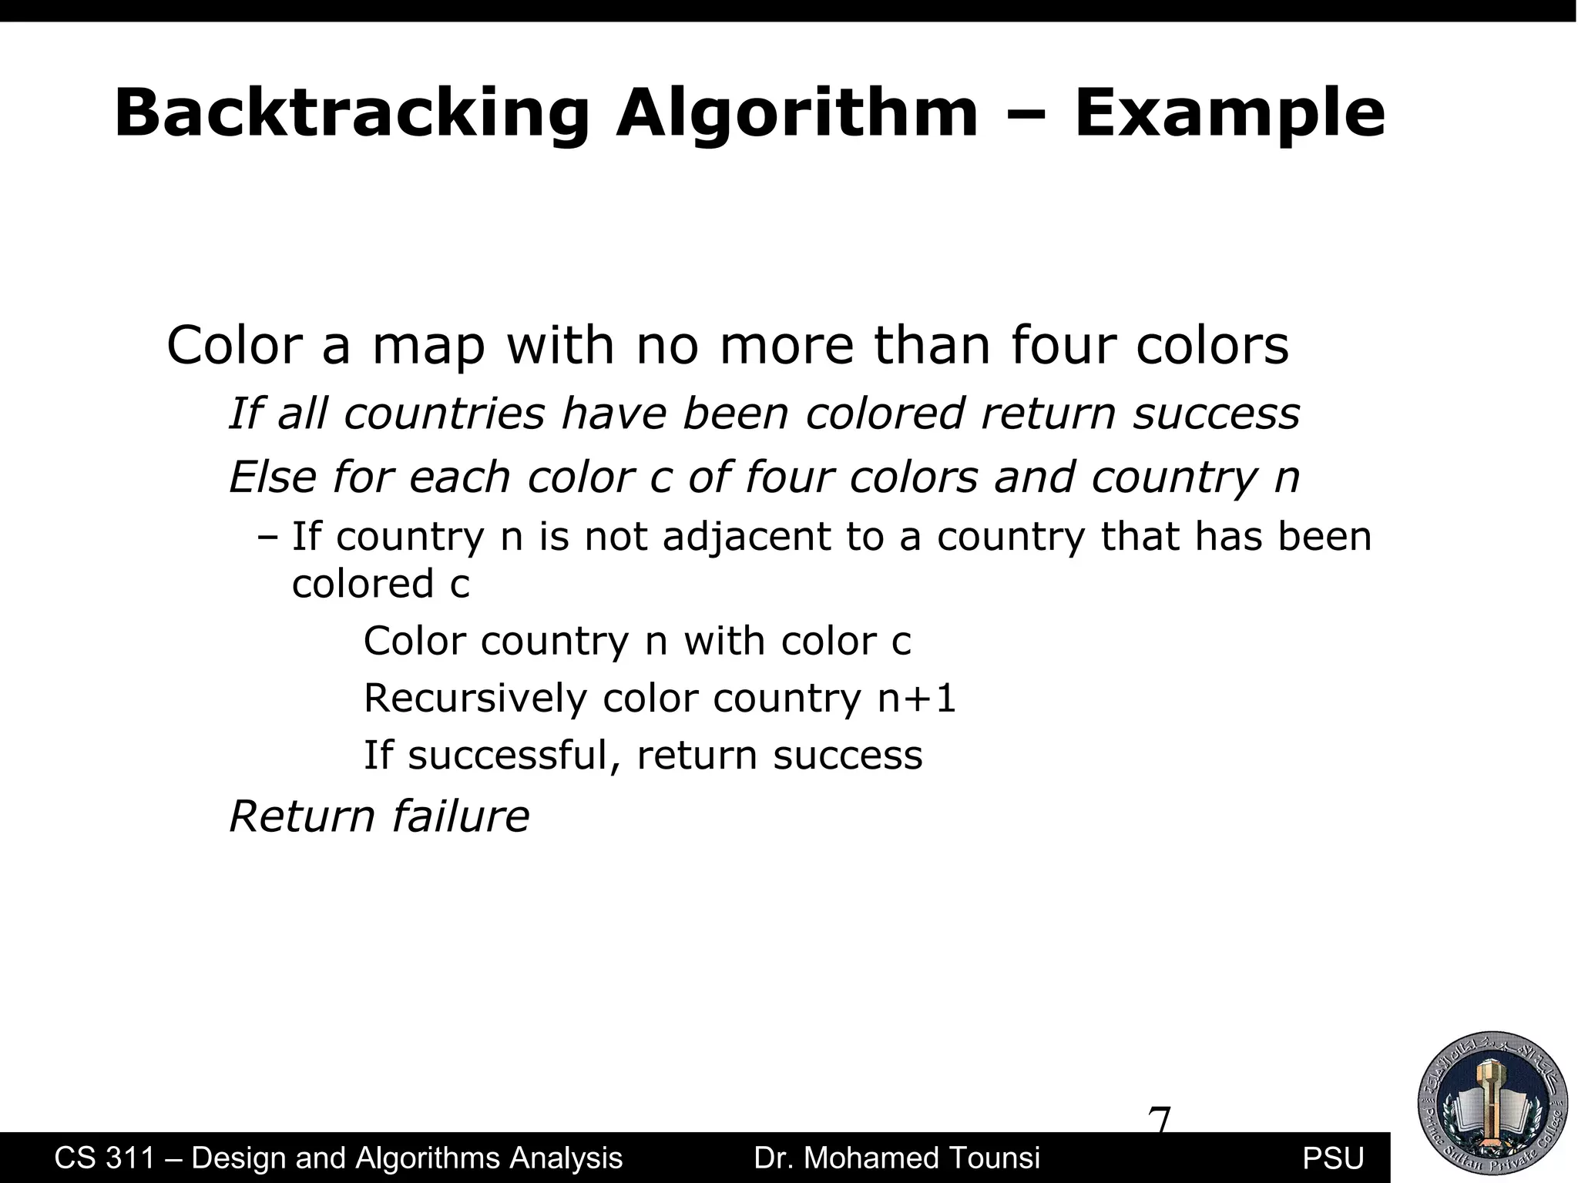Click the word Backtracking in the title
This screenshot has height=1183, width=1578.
pos(351,114)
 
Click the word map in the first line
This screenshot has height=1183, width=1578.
pos(428,346)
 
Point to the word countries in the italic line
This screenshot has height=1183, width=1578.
pos(444,413)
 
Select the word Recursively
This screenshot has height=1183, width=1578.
pos(475,699)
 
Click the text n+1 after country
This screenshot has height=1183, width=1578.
pos(917,699)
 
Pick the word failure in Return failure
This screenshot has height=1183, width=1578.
pos(460,816)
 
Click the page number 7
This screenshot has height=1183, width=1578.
pos(1159,1118)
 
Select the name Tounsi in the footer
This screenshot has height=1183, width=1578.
pos(994,1158)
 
